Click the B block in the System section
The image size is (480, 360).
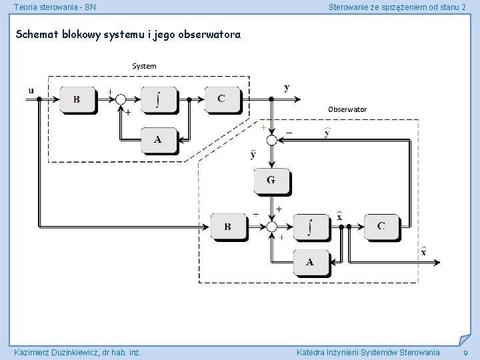coord(77,99)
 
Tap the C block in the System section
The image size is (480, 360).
coord(221,99)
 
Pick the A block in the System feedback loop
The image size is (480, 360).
coord(157,139)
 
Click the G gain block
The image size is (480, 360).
coord(271,180)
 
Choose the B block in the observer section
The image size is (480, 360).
coord(228,227)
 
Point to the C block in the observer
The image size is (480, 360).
coord(381,226)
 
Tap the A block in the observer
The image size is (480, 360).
coord(310,262)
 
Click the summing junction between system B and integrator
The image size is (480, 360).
coord(121,99)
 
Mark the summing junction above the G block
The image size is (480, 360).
coord(271,140)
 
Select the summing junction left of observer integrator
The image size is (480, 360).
coord(271,227)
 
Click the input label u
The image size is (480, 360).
coord(31,90)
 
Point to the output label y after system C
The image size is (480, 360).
coord(287,88)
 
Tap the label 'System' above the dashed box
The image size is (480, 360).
coord(144,66)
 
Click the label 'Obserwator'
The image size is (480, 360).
coord(347,109)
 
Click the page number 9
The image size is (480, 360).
coord(465,353)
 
